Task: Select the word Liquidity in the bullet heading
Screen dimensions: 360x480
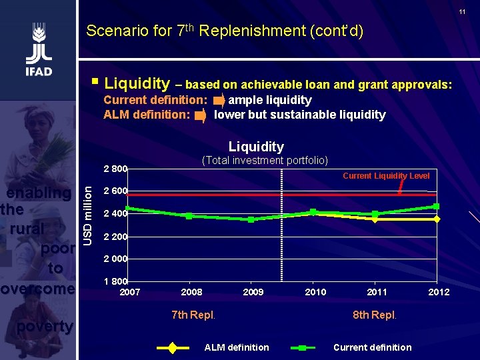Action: pos(137,83)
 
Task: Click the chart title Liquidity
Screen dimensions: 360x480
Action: pos(256,147)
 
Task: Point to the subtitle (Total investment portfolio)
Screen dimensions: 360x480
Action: pos(265,160)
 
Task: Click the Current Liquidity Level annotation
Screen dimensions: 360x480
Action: pos(386,176)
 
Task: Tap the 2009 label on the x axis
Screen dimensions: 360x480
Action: pos(253,292)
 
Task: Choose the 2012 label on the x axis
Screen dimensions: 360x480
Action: pos(439,292)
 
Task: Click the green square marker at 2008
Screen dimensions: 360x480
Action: pos(189,216)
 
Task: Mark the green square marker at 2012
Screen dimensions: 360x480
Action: pos(437,206)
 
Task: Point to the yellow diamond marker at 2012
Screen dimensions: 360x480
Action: pos(437,219)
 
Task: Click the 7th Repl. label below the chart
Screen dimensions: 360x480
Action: pos(193,315)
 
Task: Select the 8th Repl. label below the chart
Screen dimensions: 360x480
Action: pos(374,315)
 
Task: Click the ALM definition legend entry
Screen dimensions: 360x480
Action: pos(237,347)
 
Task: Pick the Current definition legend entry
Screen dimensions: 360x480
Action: pos(372,347)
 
